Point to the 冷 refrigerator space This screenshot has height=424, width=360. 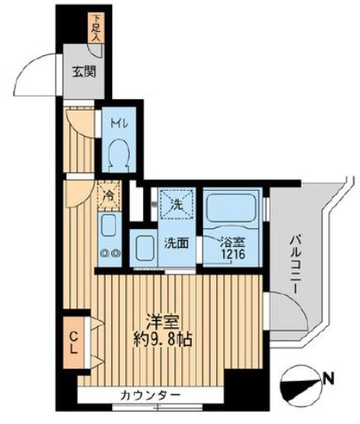click(106, 196)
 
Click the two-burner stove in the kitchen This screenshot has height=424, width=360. click(110, 253)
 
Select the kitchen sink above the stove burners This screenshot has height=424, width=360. click(109, 227)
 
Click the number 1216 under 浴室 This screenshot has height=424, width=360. click(232, 254)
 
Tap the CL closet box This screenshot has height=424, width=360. click(73, 340)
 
